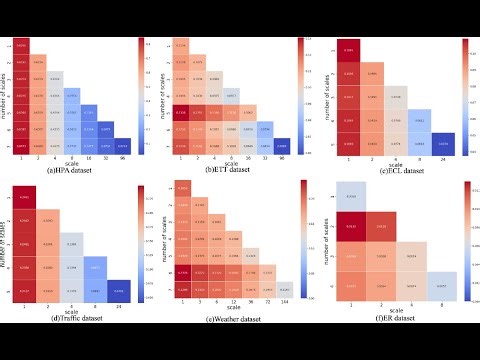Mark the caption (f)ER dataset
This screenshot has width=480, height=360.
[393, 319]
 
